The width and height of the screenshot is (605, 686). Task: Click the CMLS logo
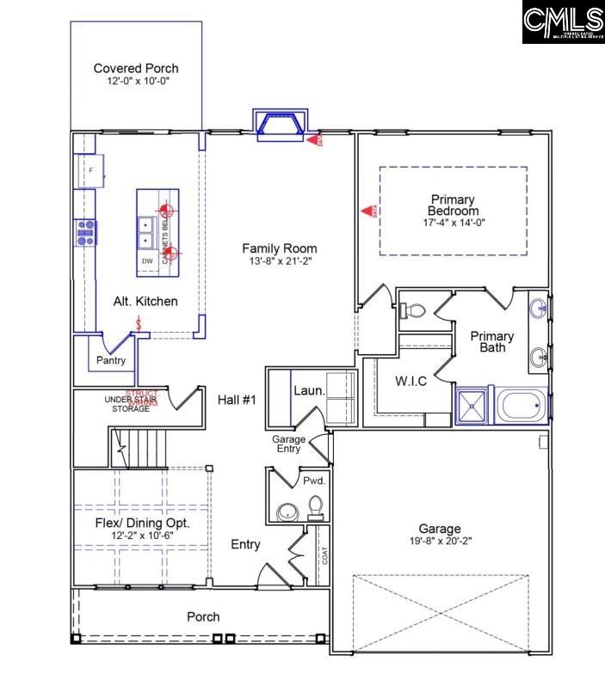pyautogui.click(x=563, y=22)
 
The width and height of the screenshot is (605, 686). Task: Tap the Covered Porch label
pyautogui.click(x=136, y=69)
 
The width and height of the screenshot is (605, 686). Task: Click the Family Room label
pyautogui.click(x=275, y=247)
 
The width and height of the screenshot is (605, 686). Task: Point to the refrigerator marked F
pyautogui.click(x=90, y=170)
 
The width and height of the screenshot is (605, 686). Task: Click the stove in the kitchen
pyautogui.click(x=86, y=232)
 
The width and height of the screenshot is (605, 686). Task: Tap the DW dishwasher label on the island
pyautogui.click(x=147, y=260)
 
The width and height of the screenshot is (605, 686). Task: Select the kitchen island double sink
pyautogui.click(x=146, y=231)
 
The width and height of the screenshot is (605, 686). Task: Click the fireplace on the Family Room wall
pyautogui.click(x=278, y=124)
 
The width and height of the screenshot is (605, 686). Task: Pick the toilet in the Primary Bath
pyautogui.click(x=412, y=309)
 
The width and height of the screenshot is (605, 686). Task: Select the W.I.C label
pyautogui.click(x=411, y=381)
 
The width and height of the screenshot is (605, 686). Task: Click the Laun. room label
pyautogui.click(x=309, y=390)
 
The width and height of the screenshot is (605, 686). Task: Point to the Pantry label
pyautogui.click(x=111, y=360)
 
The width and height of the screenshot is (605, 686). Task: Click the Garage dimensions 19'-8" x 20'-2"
pyautogui.click(x=440, y=542)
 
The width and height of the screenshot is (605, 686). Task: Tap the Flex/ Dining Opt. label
pyautogui.click(x=141, y=523)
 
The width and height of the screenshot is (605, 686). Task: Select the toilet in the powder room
pyautogui.click(x=315, y=509)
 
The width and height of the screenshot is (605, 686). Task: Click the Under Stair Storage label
pyautogui.click(x=127, y=404)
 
